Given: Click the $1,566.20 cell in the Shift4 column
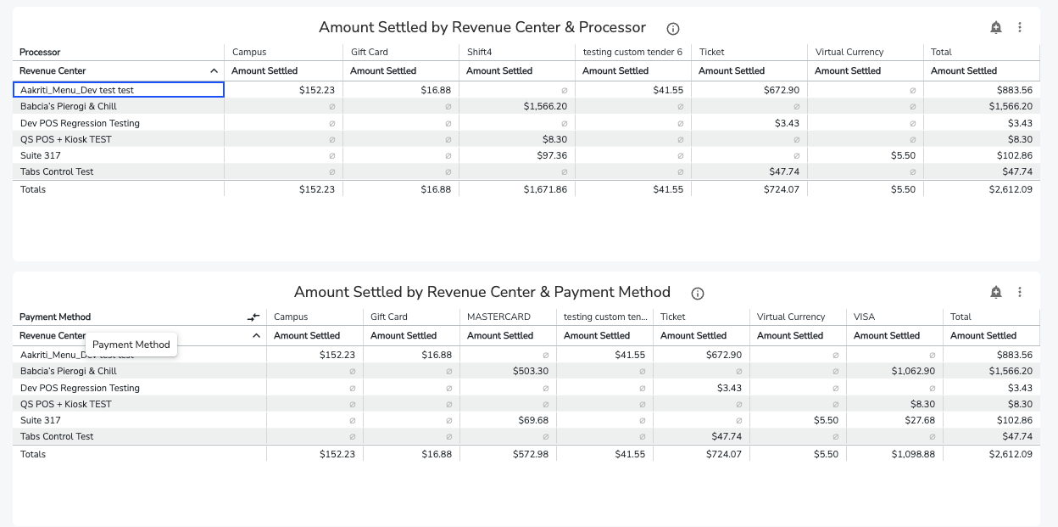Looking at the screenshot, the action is point(545,106).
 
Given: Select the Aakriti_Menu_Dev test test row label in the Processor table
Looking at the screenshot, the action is point(77,90).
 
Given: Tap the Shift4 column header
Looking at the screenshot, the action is point(480,52).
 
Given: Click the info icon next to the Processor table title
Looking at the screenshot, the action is point(672,29).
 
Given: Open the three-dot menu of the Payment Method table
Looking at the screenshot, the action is point(1020,292).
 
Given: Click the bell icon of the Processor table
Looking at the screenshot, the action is point(995,27).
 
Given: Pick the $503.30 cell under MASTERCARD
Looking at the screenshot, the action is point(531,371).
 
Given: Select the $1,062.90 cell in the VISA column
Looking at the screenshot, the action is point(913,371).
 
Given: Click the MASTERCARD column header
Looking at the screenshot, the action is point(498,317).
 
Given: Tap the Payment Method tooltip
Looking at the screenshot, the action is point(131,345).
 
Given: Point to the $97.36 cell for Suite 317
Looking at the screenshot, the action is point(552,155).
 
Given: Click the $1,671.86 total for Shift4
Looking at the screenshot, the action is point(545,189).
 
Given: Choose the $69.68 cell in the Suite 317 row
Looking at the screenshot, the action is point(533,420).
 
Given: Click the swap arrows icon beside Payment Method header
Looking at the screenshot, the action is point(253,317).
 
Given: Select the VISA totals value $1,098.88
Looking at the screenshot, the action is point(913,454).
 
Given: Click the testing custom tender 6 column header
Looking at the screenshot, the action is point(632,52).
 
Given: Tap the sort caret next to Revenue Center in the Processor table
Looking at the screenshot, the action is point(214,71).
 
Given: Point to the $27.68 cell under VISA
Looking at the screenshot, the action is point(920,420).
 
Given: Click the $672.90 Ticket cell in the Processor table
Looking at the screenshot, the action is point(782,90).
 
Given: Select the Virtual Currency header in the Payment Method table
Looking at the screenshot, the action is point(791,317).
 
